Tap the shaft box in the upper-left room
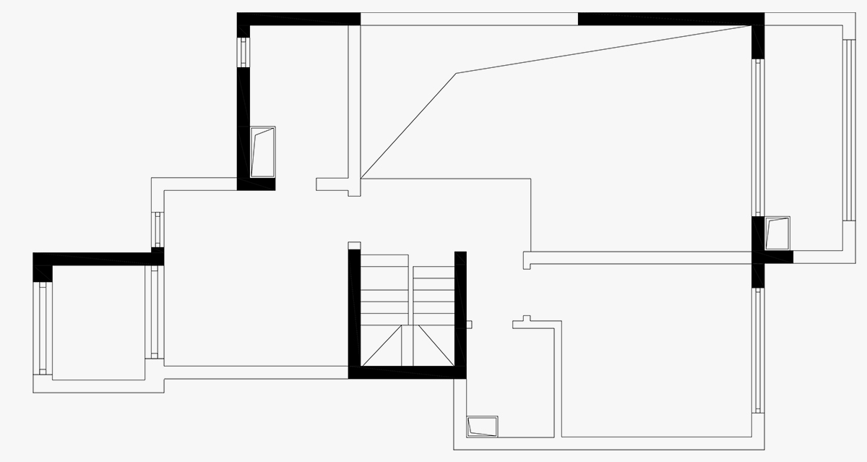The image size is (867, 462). pos(262,152)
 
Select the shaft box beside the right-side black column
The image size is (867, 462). pos(777,233)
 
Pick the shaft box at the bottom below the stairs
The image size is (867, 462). pos(483,426)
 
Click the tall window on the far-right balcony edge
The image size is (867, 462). pos(848,130)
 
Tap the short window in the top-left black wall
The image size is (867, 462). pos(243,52)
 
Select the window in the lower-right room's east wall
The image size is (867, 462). pos(758,351)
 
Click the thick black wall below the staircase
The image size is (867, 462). pos(407,372)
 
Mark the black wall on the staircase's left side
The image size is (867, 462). pos(354,311)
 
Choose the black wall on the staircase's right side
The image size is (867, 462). pos(460,311)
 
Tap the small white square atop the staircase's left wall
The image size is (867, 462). pos(354,245)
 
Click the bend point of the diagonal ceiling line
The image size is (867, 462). pos(455,73)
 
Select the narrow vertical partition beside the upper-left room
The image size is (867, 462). pos(354,101)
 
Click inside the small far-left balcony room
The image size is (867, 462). pos(98,322)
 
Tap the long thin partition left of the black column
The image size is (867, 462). pos(639,257)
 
